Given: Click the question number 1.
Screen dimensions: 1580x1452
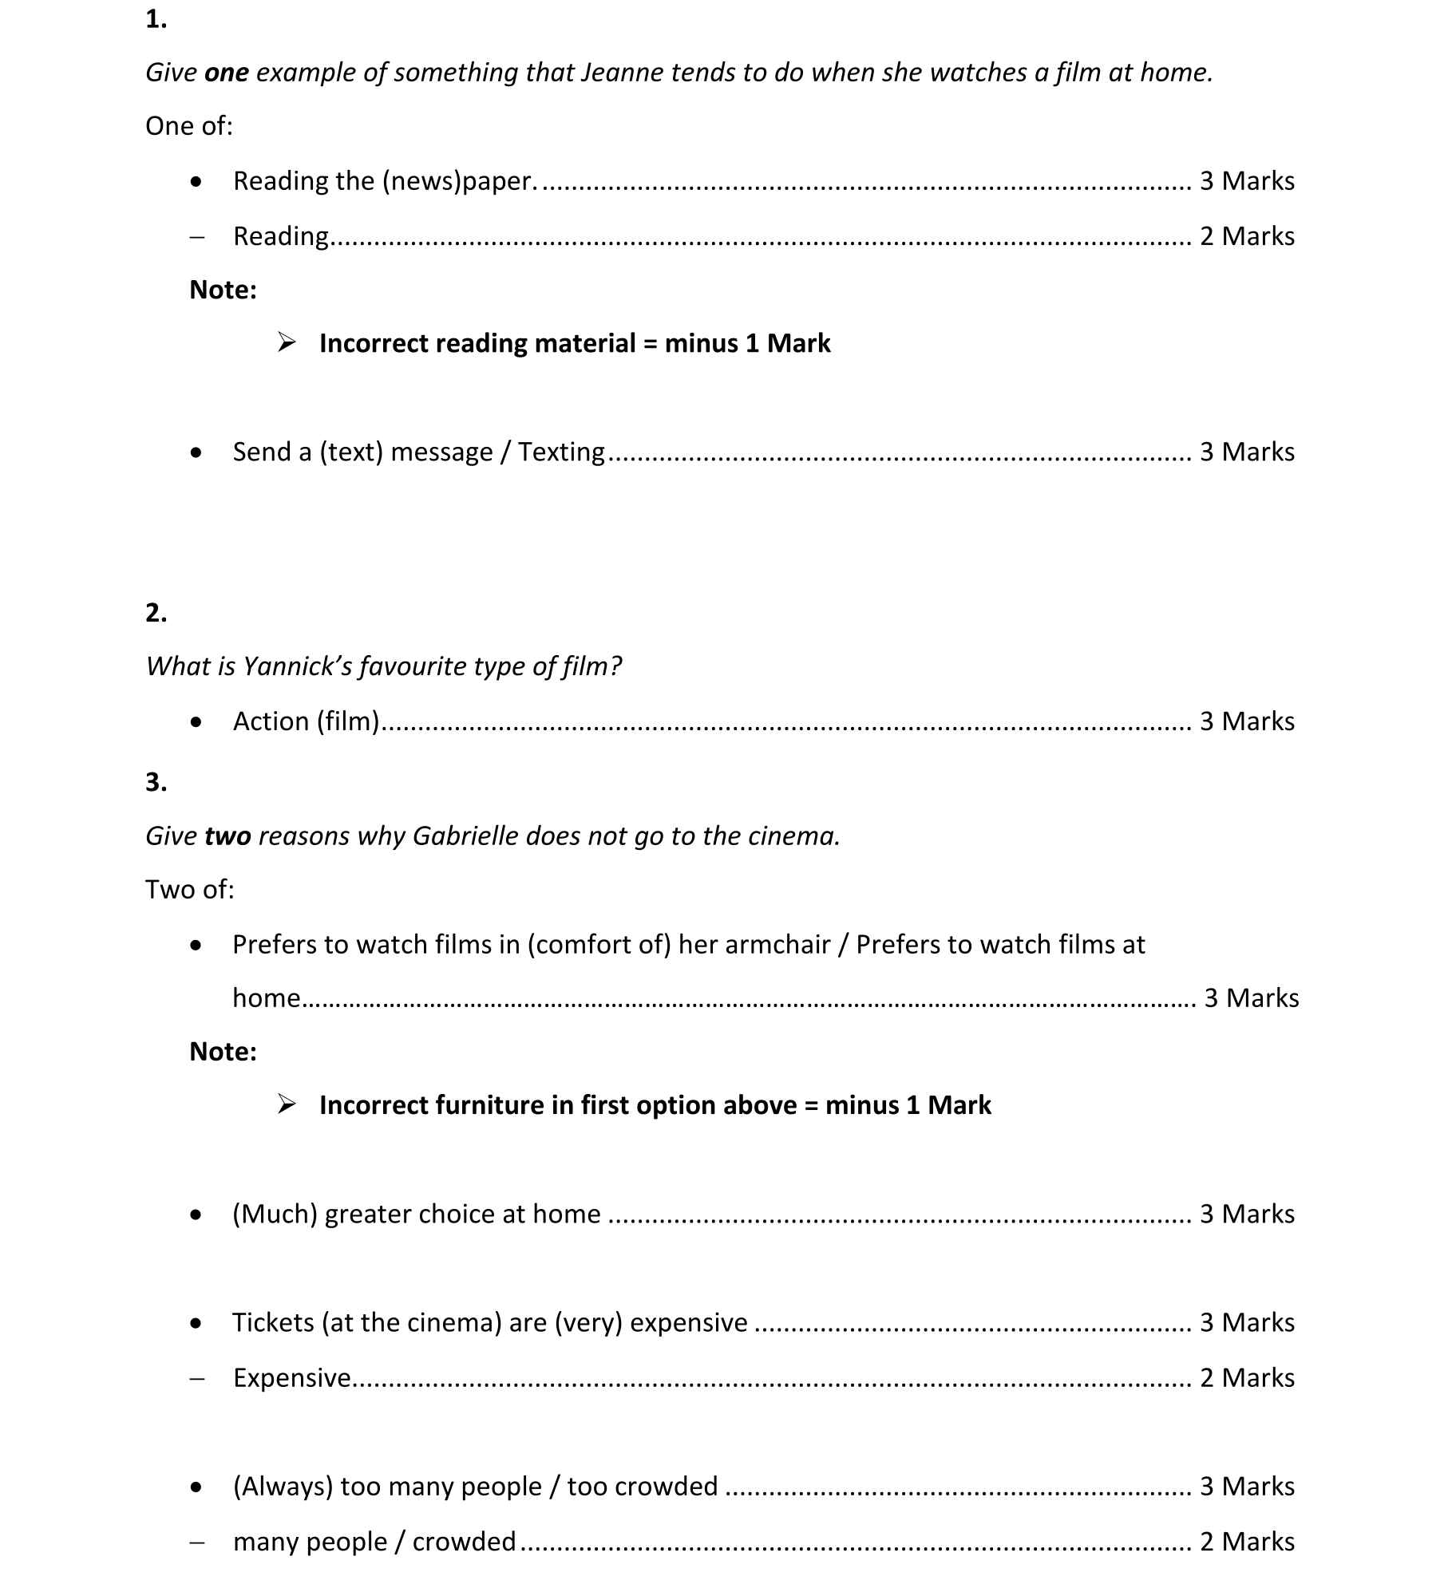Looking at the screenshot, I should point(156,19).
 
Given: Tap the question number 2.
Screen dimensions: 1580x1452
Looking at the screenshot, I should point(156,612).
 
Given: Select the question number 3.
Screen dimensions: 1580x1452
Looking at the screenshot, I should point(156,781).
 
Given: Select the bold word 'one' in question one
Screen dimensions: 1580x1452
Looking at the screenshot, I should point(227,73).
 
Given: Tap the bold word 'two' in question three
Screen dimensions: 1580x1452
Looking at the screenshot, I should point(227,835).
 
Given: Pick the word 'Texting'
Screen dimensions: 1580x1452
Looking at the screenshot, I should point(561,452).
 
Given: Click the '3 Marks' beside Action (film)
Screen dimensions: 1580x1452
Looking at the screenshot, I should point(1247,721).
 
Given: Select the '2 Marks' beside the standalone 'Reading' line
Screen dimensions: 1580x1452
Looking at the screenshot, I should point(1247,236).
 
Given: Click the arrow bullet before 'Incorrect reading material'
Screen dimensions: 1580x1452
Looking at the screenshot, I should point(287,343).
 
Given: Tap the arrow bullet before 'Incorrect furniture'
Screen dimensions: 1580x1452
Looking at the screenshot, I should point(287,1105).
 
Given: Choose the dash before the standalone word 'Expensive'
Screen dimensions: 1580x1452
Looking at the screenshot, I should point(197,1378).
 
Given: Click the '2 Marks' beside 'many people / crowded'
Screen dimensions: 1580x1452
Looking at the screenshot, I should point(1247,1542).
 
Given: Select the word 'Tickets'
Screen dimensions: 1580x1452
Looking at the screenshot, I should point(273,1323).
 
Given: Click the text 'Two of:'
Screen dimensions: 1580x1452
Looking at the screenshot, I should point(190,890).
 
